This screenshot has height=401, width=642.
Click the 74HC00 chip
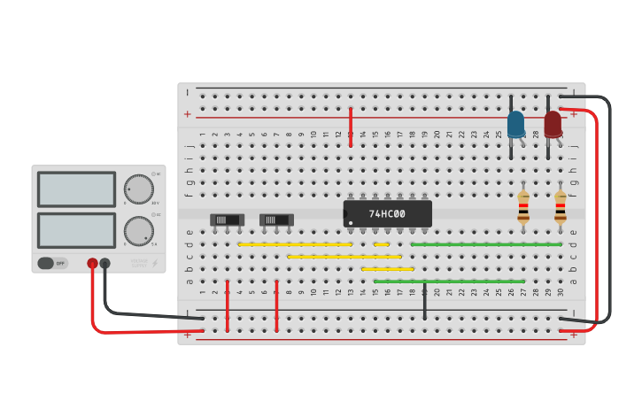point(387,213)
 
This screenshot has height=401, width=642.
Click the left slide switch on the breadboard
point(227,220)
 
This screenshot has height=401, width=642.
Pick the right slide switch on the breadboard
point(276,220)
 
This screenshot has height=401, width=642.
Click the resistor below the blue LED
point(523,208)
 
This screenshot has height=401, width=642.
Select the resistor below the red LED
point(561,208)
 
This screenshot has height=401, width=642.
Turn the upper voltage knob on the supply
point(138,189)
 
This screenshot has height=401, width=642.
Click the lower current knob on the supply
point(138,230)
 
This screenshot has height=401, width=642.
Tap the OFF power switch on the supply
point(52,263)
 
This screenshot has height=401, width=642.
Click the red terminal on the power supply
point(92,263)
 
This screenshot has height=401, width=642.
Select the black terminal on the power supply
point(104,263)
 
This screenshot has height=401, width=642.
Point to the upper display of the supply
point(76,189)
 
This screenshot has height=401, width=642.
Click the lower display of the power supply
point(76,230)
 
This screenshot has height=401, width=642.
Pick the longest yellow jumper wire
point(344,257)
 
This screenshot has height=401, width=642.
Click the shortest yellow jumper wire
point(381,244)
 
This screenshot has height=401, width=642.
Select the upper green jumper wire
point(485,244)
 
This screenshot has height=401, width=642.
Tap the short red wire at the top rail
point(351,127)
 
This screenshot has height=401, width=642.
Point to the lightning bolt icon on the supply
point(155,263)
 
